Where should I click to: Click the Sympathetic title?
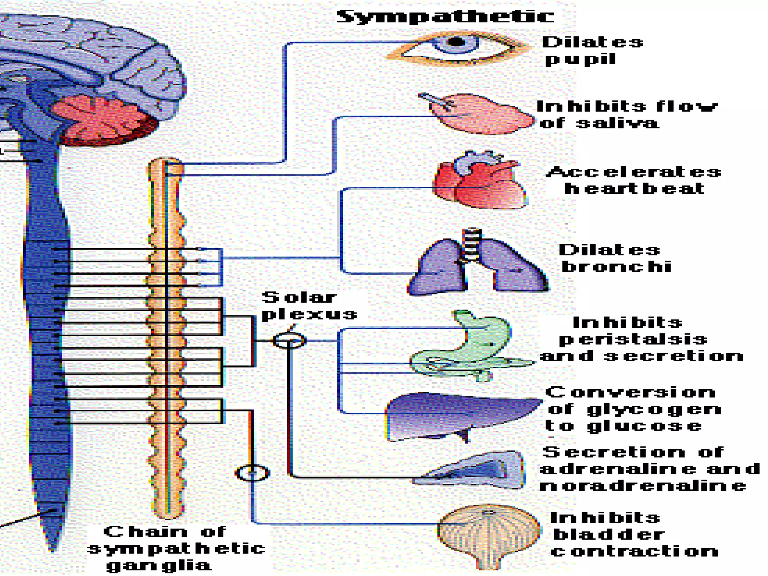tap(445, 17)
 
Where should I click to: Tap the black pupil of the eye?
tap(456, 42)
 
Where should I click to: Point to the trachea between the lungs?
tap(472, 244)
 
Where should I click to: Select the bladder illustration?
tap(487, 532)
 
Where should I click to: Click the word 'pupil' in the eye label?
tap(580, 59)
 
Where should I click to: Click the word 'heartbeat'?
tap(634, 188)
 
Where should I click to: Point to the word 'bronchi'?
tap(616, 267)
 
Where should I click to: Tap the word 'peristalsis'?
tap(633, 339)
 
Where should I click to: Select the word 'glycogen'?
tap(654, 409)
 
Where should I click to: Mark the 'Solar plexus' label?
tap(308, 306)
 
